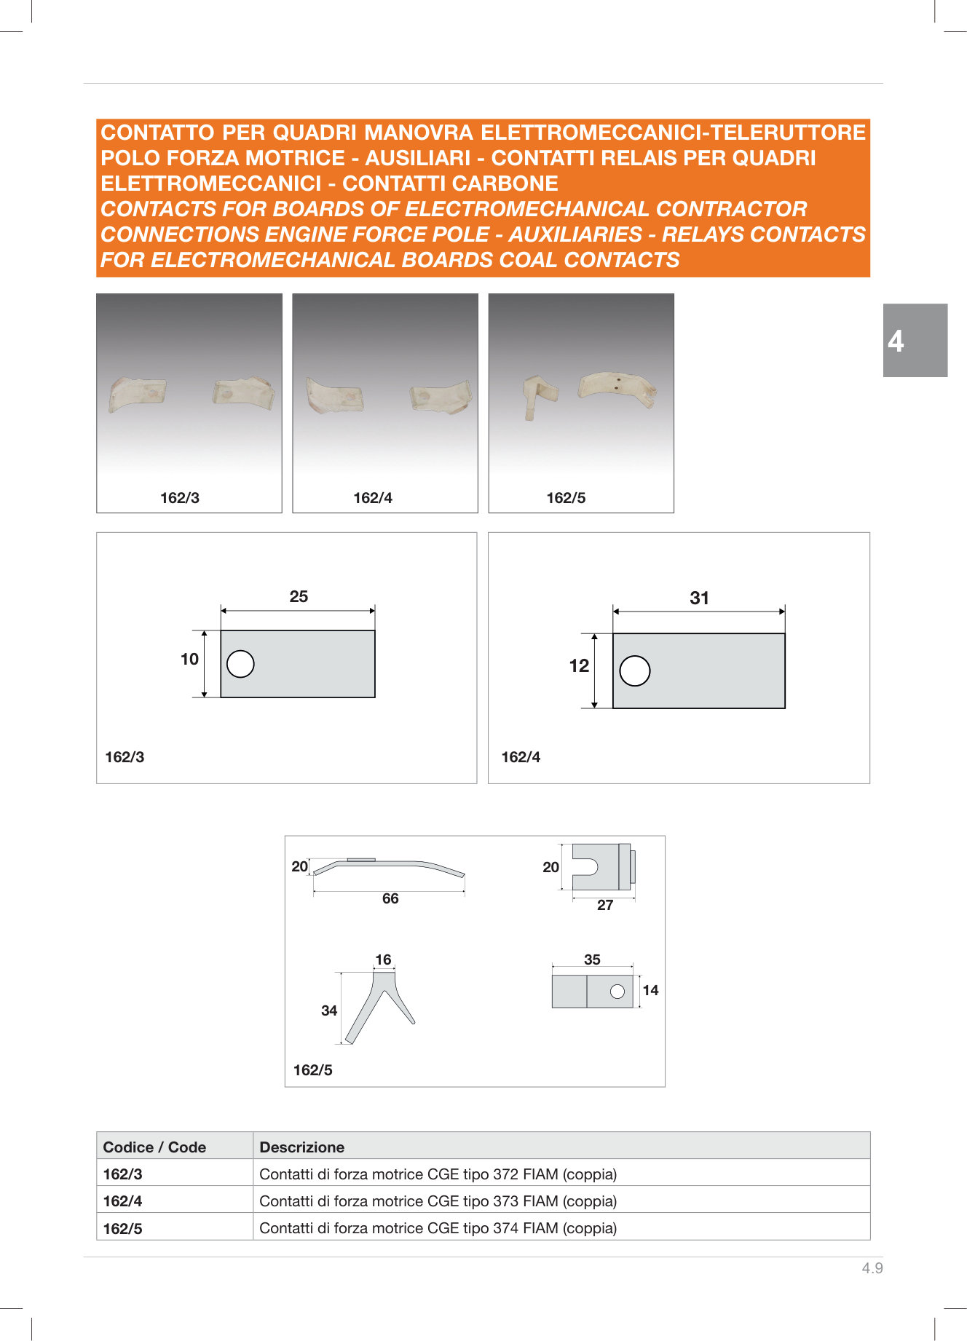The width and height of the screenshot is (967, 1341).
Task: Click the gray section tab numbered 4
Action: click(x=915, y=340)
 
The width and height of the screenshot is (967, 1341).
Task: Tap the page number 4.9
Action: click(x=872, y=1267)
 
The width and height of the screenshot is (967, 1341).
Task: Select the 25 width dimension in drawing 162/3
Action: click(x=299, y=596)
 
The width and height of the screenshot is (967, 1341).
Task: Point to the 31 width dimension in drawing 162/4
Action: click(x=699, y=598)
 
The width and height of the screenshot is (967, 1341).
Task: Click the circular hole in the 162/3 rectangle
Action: click(x=240, y=664)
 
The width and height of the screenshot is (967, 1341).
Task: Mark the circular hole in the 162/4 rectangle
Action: click(x=635, y=670)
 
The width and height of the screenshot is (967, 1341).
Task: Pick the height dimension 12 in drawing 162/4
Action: click(x=579, y=665)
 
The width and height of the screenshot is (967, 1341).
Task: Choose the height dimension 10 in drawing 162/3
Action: click(x=189, y=659)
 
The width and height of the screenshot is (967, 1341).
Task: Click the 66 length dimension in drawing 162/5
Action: click(x=390, y=898)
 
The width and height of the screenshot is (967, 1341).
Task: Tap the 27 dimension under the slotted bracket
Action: click(x=605, y=905)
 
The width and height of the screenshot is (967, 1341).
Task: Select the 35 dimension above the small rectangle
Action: click(x=592, y=960)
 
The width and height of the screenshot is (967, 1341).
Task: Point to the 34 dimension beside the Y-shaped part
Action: click(x=329, y=1010)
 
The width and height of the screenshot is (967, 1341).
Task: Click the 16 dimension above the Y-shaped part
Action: click(x=383, y=960)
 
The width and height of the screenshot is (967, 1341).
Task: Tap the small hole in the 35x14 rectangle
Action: click(x=617, y=992)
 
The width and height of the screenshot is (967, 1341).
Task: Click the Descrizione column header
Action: click(x=302, y=1147)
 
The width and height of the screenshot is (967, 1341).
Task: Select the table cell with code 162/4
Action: click(x=175, y=1201)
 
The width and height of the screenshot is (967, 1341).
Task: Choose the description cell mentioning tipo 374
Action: click(x=561, y=1228)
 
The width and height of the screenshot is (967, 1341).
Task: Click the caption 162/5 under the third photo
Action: click(x=566, y=498)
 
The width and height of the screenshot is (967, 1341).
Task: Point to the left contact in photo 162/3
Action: click(x=137, y=394)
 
